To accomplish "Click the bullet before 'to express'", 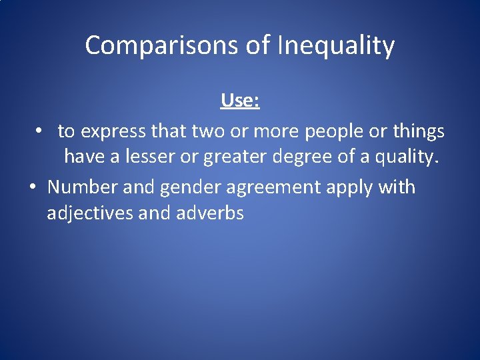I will (40, 131).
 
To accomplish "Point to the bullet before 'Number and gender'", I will (31, 187).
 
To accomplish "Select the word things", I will (418, 131).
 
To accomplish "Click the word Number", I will (83, 187).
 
